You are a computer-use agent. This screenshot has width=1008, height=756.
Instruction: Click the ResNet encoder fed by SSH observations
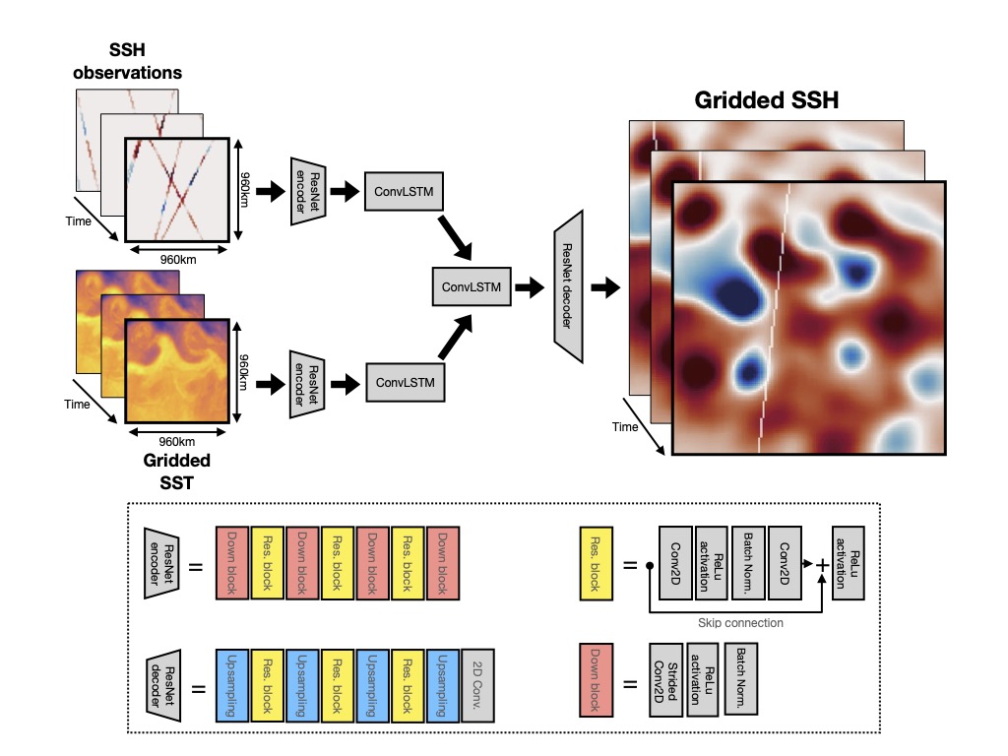pos(308,191)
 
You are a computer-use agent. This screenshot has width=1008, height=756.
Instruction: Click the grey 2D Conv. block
pos(477,681)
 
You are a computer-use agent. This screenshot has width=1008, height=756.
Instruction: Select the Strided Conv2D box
pos(664,679)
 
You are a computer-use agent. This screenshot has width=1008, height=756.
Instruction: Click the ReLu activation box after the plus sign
pos(846,563)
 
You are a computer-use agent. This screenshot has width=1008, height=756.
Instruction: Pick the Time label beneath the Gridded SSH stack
pos(624,426)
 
